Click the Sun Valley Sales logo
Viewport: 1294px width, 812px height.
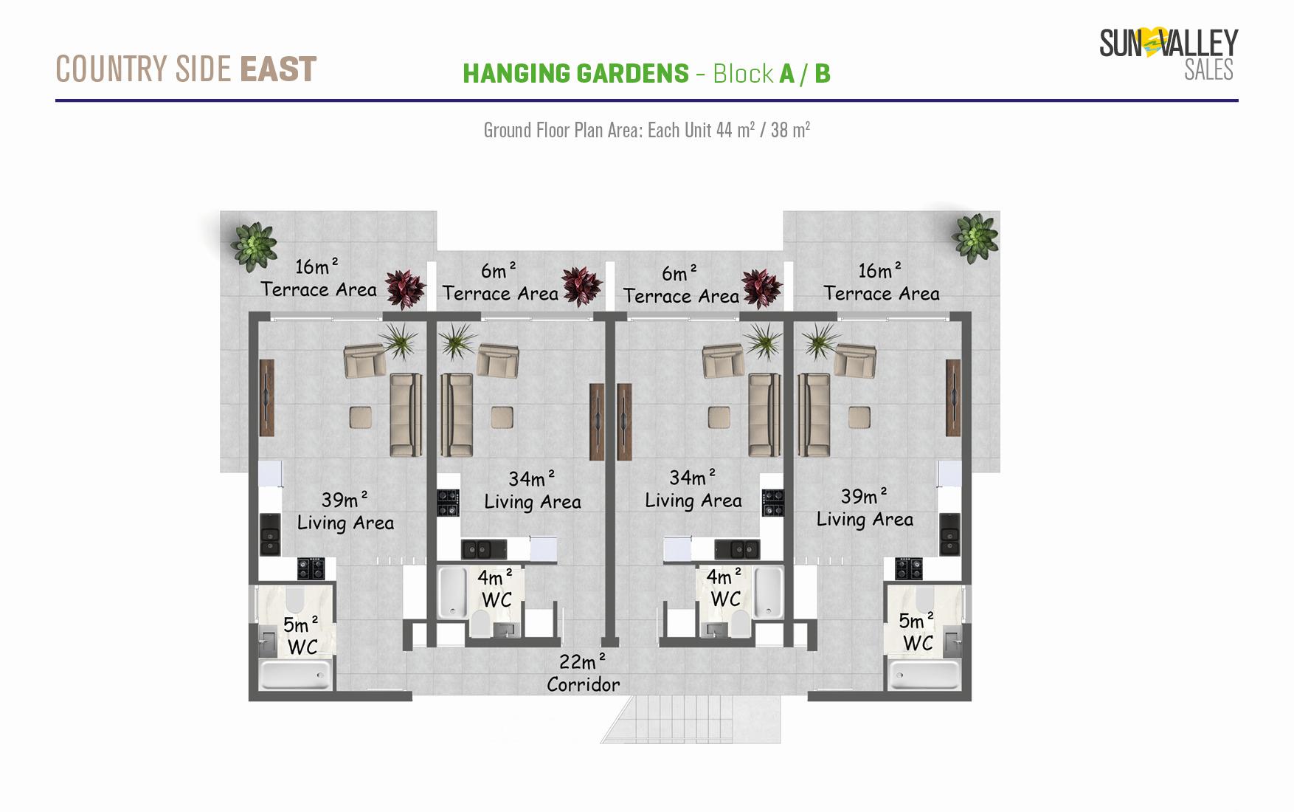pyautogui.click(x=1169, y=53)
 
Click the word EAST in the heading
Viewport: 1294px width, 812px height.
pyautogui.click(x=278, y=69)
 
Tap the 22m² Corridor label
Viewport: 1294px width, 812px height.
pyautogui.click(x=583, y=673)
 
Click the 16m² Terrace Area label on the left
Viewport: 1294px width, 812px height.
pyautogui.click(x=319, y=278)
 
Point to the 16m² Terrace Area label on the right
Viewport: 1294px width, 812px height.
pyautogui.click(x=882, y=282)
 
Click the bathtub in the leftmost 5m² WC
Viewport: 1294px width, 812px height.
pyautogui.click(x=295, y=675)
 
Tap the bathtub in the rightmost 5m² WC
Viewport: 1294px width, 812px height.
pyautogui.click(x=924, y=674)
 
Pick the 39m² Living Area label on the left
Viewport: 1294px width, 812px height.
pyautogui.click(x=345, y=511)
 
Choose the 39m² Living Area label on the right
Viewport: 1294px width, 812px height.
pyautogui.click(x=865, y=508)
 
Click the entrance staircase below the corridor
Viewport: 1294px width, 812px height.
pyautogui.click(x=691, y=720)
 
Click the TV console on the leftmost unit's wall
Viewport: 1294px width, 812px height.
pyautogui.click(x=266, y=398)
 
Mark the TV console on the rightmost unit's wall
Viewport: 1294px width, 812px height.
pyautogui.click(x=953, y=398)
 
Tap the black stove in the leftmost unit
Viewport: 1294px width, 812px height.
pyautogui.click(x=311, y=569)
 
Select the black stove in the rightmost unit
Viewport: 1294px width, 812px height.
pyautogui.click(x=909, y=569)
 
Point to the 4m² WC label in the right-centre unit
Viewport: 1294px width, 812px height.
pyautogui.click(x=724, y=588)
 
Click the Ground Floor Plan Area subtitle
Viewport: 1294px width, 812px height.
pyautogui.click(x=647, y=130)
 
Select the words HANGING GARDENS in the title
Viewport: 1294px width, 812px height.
pyautogui.click(x=575, y=74)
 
